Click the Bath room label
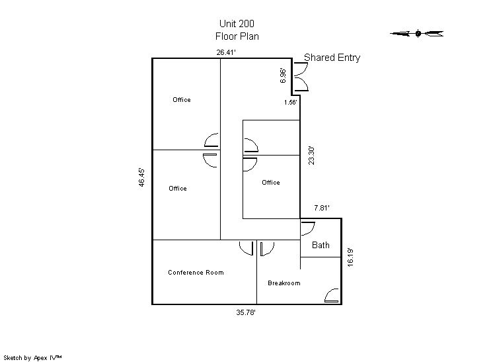point(321,245)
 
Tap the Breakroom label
point(284,283)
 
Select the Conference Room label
point(196,272)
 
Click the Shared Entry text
point(332,58)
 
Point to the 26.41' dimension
point(226,52)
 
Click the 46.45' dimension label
point(142,177)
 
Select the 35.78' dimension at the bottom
point(246,312)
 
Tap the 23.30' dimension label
point(311,156)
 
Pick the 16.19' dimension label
point(350,257)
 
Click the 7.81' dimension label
point(322,208)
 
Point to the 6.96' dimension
point(283,75)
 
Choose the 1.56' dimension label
point(291,103)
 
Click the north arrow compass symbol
point(417,33)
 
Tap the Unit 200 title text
point(237,24)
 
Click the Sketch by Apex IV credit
point(32,358)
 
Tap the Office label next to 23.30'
point(271,182)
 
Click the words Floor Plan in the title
point(237,36)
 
